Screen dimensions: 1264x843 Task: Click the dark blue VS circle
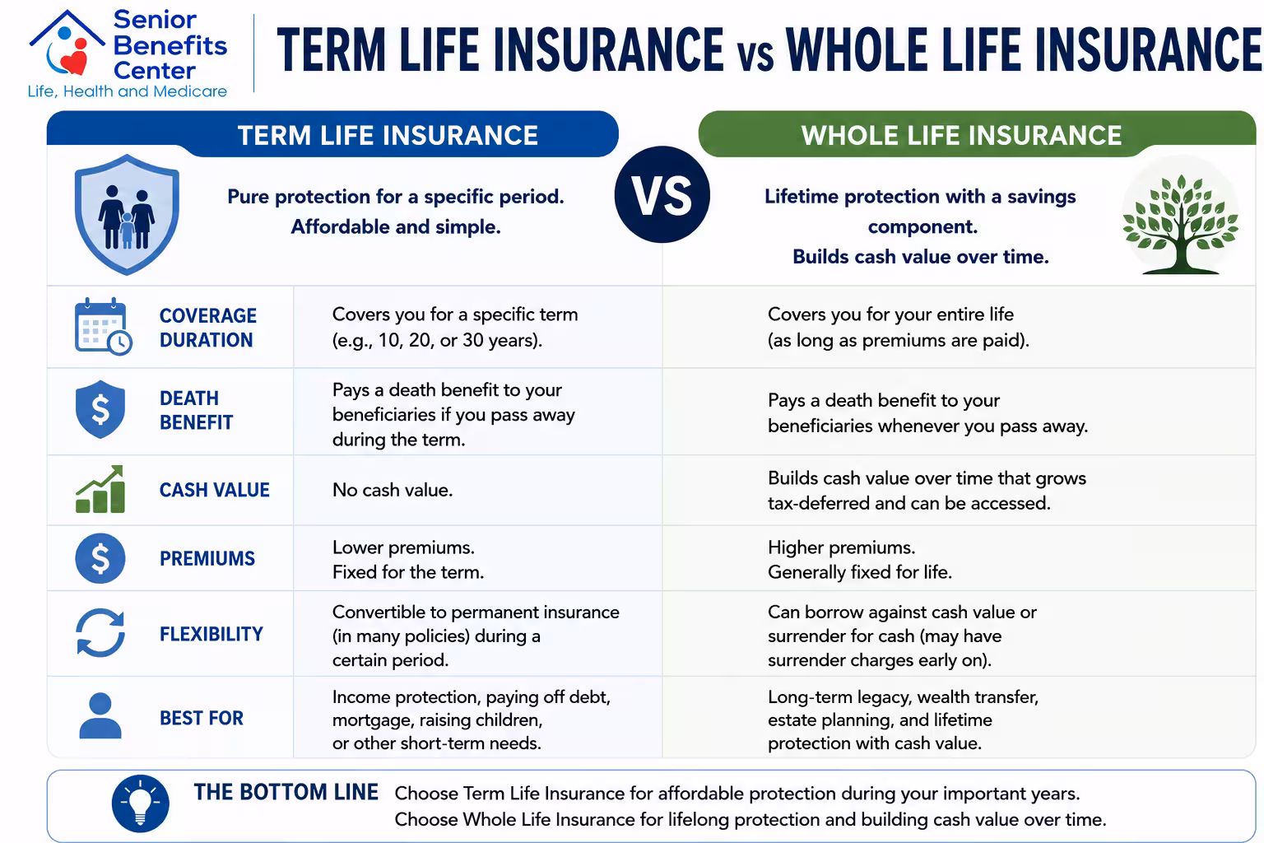click(662, 195)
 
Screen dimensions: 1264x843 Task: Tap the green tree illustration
click(1181, 224)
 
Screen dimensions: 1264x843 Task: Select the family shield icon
click(127, 215)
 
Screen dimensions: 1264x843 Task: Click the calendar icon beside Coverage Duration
click(103, 326)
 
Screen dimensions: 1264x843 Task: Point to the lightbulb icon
click(141, 803)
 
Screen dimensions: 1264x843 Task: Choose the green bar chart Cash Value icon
click(100, 489)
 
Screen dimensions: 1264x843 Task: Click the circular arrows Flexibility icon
click(100, 633)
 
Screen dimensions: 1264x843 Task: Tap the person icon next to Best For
click(100, 715)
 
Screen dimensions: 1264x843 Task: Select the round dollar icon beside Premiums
click(100, 558)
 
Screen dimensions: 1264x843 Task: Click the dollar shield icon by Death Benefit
click(100, 409)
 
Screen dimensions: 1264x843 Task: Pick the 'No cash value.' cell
click(393, 490)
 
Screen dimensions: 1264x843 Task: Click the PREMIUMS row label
click(207, 559)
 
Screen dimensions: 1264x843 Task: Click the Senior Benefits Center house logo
click(67, 44)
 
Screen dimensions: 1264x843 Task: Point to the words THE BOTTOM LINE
click(286, 792)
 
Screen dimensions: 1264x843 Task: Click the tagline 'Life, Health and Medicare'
click(128, 91)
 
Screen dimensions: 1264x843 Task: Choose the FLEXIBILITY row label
click(211, 634)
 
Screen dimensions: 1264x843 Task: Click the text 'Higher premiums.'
click(841, 547)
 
